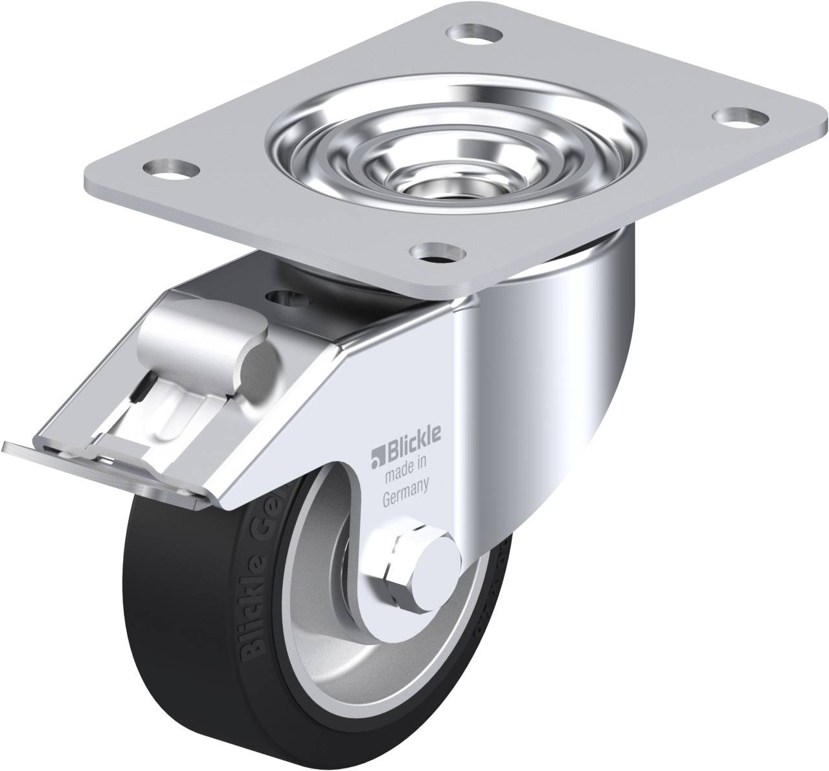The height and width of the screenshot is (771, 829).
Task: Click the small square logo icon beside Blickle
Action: [x=376, y=460]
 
